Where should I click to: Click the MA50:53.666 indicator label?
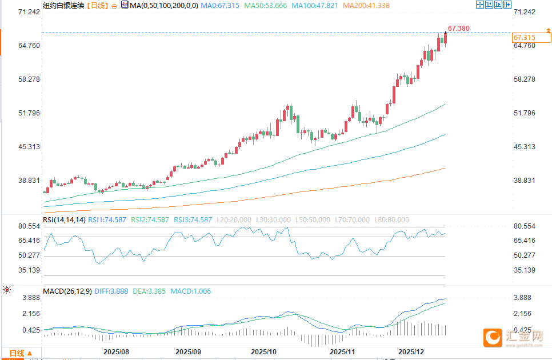point(266,5)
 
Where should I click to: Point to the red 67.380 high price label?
point(459,28)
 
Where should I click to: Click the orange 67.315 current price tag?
point(524,38)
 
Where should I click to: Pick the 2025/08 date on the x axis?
point(115,351)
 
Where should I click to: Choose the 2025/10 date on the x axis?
point(264,351)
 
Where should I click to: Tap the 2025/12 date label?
point(411,351)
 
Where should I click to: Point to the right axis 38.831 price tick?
point(525,181)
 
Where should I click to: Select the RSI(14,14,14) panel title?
point(64,220)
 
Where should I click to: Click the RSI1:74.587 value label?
point(110,220)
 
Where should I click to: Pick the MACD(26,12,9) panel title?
point(67,291)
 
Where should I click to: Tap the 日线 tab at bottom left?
point(17,354)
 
